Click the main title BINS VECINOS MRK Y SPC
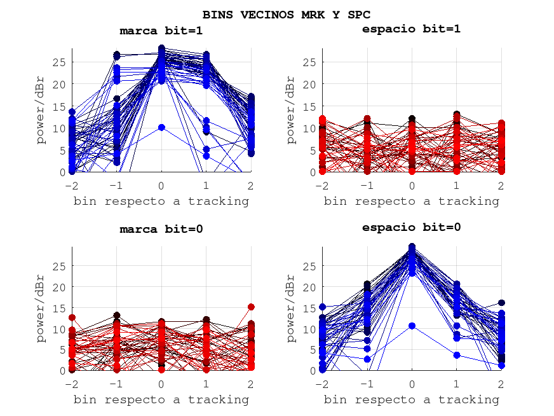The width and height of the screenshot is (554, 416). (287, 14)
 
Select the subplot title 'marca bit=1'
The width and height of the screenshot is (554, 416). (161, 31)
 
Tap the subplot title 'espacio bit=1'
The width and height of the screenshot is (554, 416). (411, 29)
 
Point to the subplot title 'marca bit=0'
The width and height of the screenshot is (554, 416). (161, 229)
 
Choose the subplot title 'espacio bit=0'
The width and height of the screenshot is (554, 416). (411, 227)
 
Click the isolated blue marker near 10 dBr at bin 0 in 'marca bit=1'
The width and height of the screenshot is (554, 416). (161, 127)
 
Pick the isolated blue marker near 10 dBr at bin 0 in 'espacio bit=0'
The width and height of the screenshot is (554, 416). (412, 326)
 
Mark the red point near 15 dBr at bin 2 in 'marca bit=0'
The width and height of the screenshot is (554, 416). (251, 307)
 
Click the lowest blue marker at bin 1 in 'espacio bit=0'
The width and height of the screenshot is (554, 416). (457, 355)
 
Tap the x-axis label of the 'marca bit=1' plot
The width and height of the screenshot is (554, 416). (161, 201)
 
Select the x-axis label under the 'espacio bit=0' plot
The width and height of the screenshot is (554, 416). (411, 399)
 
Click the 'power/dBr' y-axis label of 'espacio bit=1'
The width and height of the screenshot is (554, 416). (290, 109)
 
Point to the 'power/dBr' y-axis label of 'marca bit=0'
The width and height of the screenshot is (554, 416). (40, 309)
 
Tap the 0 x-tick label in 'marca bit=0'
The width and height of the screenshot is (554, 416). (161, 384)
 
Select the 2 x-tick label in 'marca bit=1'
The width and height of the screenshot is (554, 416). (251, 185)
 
